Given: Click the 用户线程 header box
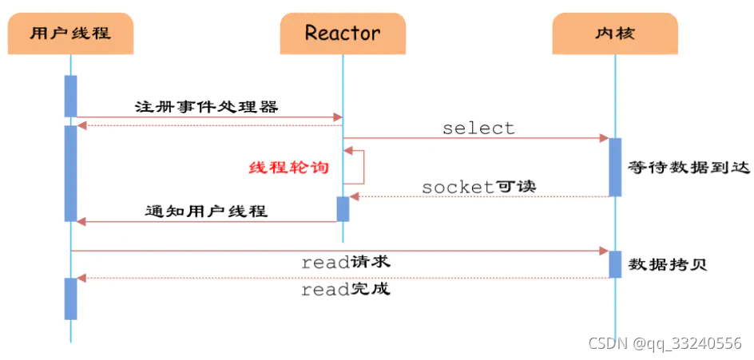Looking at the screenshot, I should coord(69,33).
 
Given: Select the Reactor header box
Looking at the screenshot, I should coord(343,33).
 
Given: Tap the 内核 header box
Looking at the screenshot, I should coord(615,33).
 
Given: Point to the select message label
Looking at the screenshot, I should coord(478,128).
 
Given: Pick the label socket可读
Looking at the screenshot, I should coord(478,187).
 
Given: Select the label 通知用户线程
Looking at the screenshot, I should coord(206,212).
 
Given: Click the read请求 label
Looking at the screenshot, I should coord(345,262).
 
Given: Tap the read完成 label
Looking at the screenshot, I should coord(345,289).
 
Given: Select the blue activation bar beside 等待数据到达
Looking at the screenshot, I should coord(615,167).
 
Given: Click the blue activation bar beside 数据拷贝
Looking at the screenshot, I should coord(615,264).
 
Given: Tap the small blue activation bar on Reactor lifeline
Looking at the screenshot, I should coord(343,208).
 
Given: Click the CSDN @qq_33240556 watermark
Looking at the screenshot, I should coord(665,342).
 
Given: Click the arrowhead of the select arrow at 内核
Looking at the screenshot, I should coord(605,139).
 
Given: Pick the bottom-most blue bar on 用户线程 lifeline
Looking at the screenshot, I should coord(70,299).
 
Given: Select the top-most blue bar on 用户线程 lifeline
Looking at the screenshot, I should coord(70,96).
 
